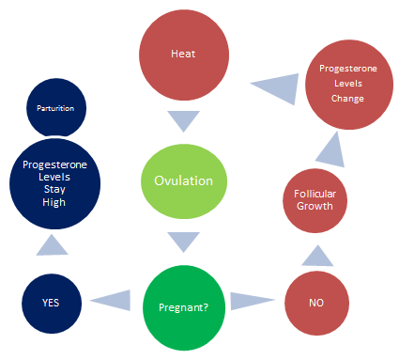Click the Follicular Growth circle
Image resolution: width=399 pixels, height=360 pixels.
tap(316, 199)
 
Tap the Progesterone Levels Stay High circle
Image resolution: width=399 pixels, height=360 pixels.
tap(54, 182)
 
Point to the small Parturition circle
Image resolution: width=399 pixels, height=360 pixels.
tap(55, 107)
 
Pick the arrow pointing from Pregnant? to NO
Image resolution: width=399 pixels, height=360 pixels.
tap(252, 301)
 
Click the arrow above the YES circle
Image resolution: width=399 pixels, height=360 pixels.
tap(54, 244)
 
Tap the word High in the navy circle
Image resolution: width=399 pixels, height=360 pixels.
tap(54, 201)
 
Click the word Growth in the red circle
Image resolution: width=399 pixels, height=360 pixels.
tap(316, 207)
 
